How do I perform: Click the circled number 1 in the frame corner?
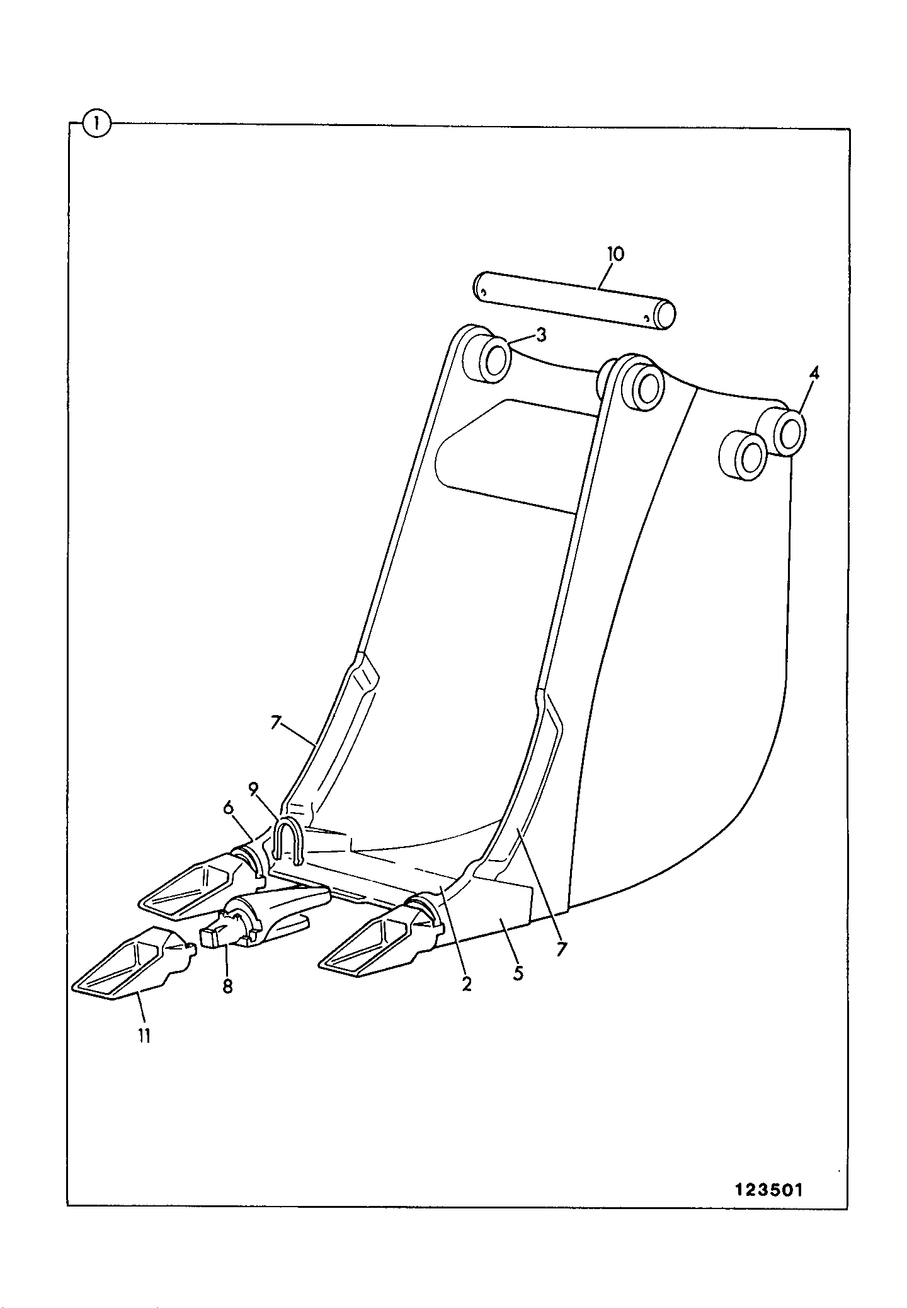[96, 123]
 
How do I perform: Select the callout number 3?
[541, 335]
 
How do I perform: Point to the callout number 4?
[814, 373]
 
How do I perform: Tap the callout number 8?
[227, 986]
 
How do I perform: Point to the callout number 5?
[518, 973]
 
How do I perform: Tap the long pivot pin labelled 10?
[574, 301]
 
